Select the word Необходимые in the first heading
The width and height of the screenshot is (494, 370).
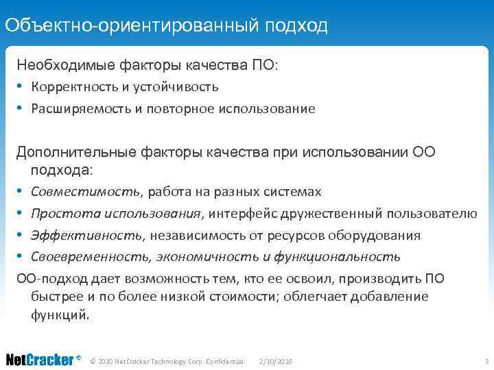tap(58, 66)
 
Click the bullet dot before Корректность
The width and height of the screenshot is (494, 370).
tap(21, 88)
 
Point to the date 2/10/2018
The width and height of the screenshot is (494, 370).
tap(277, 361)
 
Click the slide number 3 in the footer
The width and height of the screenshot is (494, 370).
tap(485, 361)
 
